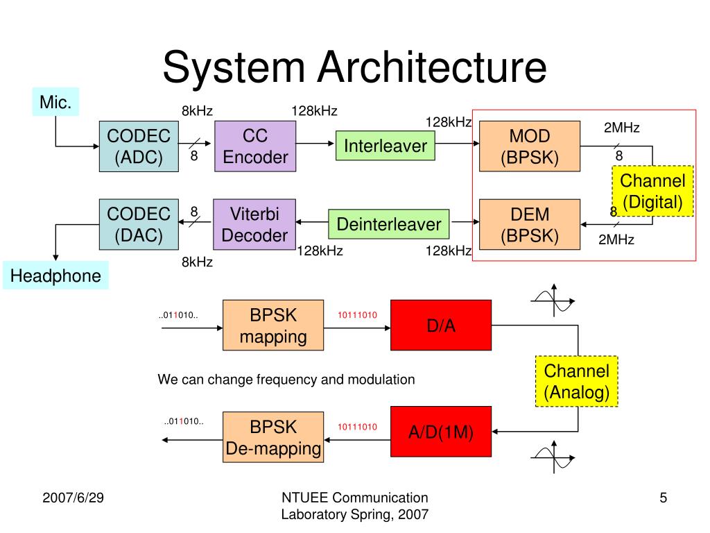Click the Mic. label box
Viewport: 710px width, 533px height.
click(55, 103)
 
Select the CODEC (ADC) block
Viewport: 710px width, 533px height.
click(139, 146)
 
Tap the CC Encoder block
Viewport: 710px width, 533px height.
click(255, 146)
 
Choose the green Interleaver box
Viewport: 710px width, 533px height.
click(386, 146)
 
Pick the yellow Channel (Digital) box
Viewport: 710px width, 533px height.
click(652, 192)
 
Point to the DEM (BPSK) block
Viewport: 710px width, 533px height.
click(530, 224)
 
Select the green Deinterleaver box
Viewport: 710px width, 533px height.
click(388, 224)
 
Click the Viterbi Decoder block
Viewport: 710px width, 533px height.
click(254, 223)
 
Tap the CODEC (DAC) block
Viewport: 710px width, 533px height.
click(139, 223)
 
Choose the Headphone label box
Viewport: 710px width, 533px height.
click(55, 276)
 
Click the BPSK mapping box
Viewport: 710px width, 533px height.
click(273, 325)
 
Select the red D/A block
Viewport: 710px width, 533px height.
click(441, 325)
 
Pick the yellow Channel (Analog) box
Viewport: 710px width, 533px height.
click(576, 381)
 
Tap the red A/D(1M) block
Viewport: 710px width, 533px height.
click(441, 432)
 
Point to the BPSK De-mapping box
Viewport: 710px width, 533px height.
click(273, 437)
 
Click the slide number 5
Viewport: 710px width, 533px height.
click(663, 497)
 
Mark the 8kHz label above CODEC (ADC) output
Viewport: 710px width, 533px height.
click(197, 110)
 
